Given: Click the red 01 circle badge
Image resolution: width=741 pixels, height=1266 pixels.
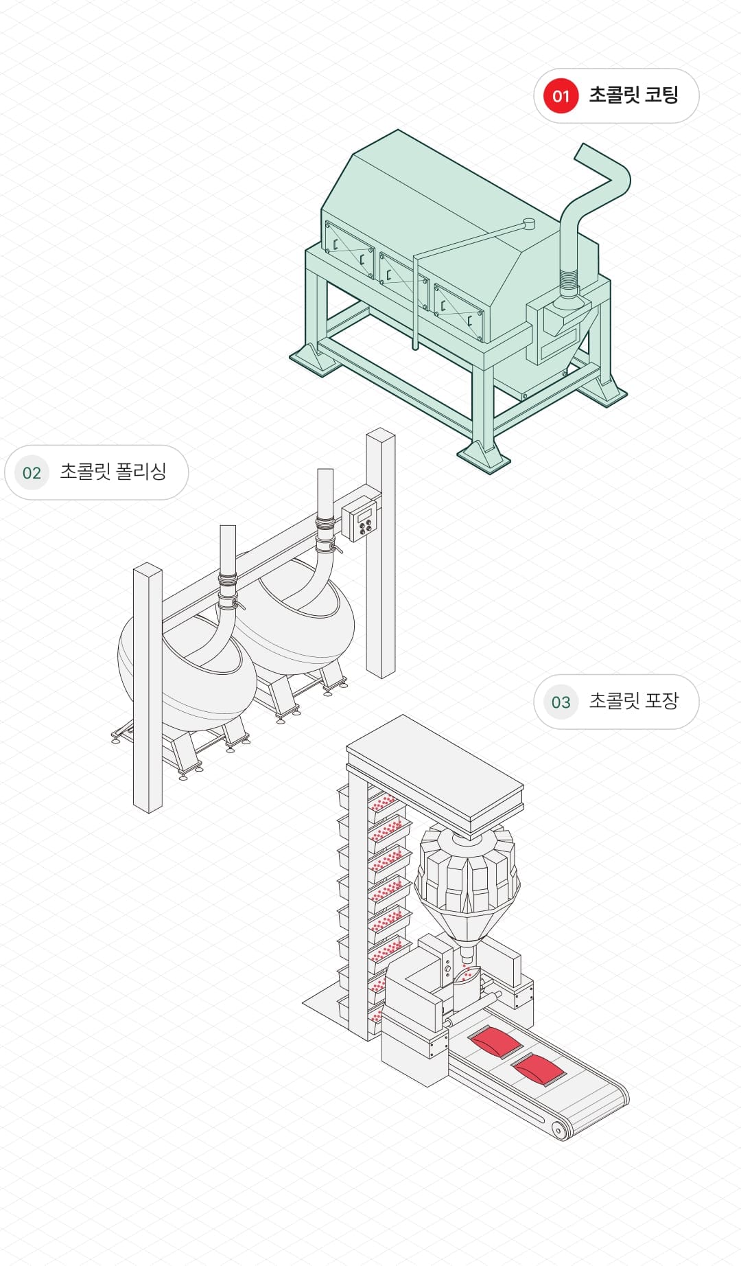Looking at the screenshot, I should click(x=561, y=95).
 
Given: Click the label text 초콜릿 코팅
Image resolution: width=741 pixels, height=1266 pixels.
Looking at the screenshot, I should click(x=633, y=95).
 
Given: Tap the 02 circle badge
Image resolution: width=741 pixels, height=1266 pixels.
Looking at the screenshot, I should click(x=32, y=472).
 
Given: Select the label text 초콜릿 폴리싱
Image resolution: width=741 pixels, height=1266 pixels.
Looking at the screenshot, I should click(x=113, y=472).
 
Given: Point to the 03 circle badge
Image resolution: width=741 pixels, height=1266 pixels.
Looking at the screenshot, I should click(x=561, y=702).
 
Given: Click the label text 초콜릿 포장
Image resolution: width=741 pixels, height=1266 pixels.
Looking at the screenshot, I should click(x=633, y=701).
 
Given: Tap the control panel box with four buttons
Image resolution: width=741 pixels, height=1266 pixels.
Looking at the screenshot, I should click(x=361, y=519).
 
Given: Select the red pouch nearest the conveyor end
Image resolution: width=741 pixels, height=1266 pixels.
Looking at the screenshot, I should click(x=539, y=1070).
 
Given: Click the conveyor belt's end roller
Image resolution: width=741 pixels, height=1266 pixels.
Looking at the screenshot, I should click(x=560, y=1129).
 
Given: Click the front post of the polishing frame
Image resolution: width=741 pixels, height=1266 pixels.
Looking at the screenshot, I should click(x=148, y=687).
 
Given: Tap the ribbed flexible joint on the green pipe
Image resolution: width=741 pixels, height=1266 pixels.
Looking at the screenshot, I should click(x=568, y=281).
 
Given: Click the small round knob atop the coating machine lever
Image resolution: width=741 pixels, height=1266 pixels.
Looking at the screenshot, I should click(x=528, y=224).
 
